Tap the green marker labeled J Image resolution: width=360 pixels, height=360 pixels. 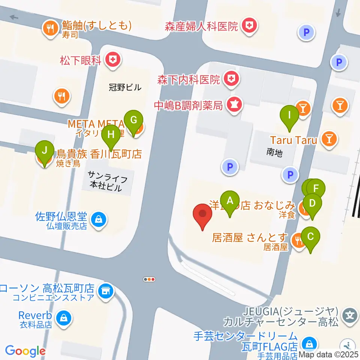(44, 152)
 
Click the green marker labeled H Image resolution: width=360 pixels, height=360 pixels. (111, 135)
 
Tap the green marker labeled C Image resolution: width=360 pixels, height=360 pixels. (310, 237)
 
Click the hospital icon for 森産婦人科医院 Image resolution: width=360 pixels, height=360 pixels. (248, 26)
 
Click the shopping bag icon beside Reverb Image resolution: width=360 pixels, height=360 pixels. (63, 318)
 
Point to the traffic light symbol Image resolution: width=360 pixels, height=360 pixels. (149, 279)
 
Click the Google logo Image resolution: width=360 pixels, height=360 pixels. (25, 351)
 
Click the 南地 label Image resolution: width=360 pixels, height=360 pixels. (274, 152)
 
